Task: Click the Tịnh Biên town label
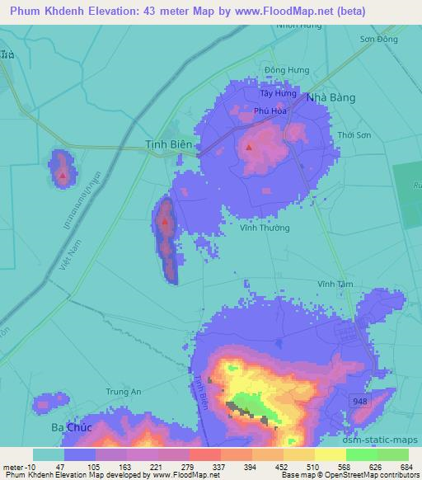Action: tap(169, 144)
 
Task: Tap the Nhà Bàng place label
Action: tap(331, 97)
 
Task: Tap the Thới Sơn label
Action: tap(356, 134)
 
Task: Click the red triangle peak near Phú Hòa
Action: tap(250, 148)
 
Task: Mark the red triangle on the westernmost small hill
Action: tap(63, 174)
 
